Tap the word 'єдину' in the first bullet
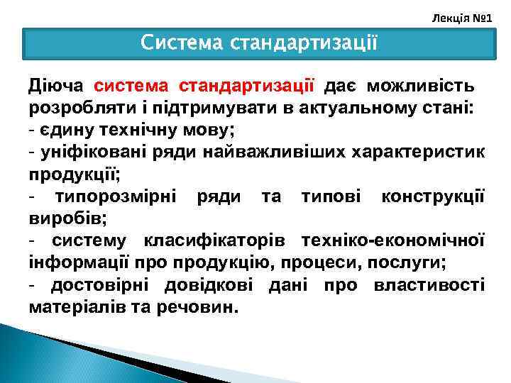click(x=64, y=131)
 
